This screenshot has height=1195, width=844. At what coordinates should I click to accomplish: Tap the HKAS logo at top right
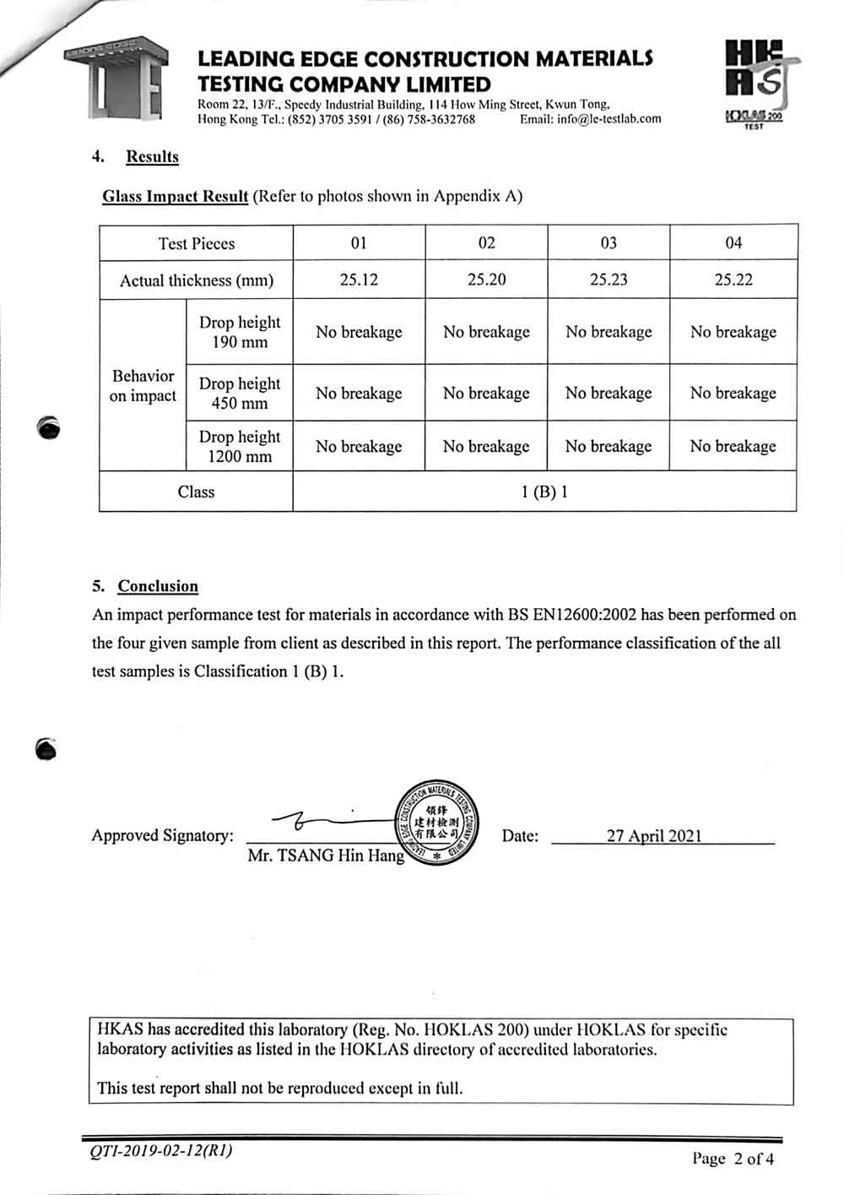[755, 83]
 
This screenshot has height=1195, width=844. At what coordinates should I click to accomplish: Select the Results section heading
[152, 156]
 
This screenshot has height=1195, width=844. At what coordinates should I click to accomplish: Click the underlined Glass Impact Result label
[175, 196]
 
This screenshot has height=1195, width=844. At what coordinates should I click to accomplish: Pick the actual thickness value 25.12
[359, 280]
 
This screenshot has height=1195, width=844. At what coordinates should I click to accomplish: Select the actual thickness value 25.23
[609, 280]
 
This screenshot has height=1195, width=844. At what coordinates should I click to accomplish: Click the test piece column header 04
[733, 242]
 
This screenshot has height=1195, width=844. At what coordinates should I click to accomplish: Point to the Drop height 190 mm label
[240, 332]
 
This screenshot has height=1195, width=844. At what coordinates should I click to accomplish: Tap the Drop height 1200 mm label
[240, 446]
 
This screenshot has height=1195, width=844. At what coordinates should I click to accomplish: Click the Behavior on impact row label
[143, 385]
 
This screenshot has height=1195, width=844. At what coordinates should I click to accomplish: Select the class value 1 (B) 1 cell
[544, 492]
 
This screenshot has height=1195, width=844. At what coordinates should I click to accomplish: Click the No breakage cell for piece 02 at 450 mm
[486, 393]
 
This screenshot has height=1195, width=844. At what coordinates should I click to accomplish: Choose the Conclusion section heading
[158, 586]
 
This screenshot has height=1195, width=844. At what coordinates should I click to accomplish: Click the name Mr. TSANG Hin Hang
[326, 856]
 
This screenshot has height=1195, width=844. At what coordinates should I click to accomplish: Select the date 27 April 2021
[654, 835]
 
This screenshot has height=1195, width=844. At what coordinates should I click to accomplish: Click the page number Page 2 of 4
[733, 1158]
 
